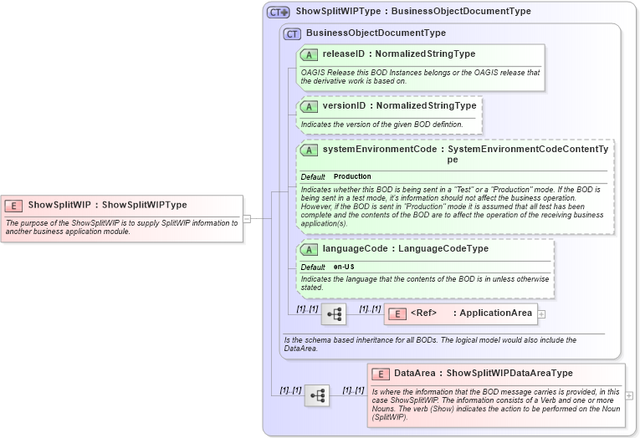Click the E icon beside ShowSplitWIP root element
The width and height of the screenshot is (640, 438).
coord(14,205)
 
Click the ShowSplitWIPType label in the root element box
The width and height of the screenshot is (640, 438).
coord(144,205)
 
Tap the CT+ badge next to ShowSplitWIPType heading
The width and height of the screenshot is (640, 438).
coord(278,13)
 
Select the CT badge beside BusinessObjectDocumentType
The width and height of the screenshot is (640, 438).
coord(292,33)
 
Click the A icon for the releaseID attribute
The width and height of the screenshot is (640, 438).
coord(309,54)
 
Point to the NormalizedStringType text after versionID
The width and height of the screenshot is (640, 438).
coord(426,106)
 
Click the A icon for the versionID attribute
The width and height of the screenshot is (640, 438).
coord(309,106)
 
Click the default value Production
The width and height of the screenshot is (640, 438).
coord(352,177)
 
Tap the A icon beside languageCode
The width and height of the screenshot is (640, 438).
coord(309,249)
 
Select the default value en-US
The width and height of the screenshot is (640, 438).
coord(345,267)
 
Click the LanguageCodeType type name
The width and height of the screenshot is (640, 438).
coord(443,249)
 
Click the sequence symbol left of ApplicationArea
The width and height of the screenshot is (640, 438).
coord(334,314)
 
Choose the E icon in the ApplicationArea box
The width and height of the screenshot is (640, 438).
coord(399,314)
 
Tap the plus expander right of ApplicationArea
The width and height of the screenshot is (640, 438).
coord(541,314)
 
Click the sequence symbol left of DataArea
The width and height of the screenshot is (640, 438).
coord(317,395)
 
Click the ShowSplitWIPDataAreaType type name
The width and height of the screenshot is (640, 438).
coord(509,374)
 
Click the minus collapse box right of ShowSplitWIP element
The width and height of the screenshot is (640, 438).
coord(247,219)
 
